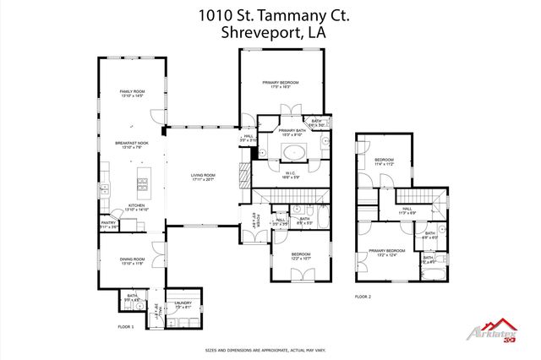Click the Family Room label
click(x=131, y=93)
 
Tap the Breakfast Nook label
click(x=131, y=146)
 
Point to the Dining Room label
click(x=132, y=261)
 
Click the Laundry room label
click(x=183, y=304)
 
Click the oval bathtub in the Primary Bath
click(x=294, y=153)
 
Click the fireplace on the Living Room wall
click(x=243, y=174)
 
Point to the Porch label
click(x=256, y=226)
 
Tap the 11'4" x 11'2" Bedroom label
click(x=385, y=161)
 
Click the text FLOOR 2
click(x=363, y=297)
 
